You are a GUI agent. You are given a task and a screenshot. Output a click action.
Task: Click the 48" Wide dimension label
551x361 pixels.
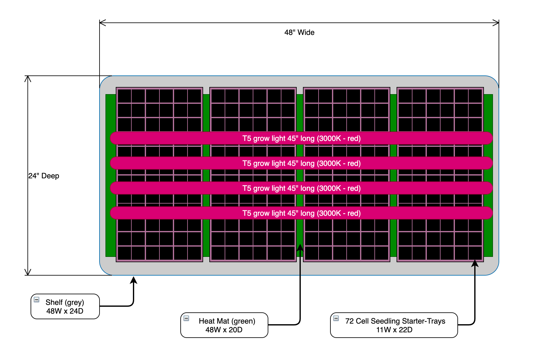tap(299, 32)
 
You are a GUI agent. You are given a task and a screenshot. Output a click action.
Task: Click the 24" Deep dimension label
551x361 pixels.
tap(44, 176)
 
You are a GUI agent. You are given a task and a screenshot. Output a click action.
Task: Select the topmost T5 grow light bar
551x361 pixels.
tap(301, 138)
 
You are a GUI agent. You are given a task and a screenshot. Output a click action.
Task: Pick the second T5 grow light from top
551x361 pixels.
tap(301, 163)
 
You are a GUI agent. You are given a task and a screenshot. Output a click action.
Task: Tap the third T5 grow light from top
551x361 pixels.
tap(301, 188)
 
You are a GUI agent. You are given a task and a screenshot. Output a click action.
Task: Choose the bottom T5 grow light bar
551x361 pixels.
tap(301, 213)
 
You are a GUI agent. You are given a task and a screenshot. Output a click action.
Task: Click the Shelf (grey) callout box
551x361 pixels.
tap(65, 306)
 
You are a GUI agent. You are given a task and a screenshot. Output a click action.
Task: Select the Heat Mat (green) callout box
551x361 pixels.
tap(224, 325)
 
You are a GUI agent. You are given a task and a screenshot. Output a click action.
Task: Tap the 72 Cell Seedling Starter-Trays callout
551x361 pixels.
tap(394, 325)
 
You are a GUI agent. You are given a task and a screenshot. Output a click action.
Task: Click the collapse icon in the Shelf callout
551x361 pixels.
tap(37, 300)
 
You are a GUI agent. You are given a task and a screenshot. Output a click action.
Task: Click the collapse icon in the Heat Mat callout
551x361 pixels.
tap(186, 318)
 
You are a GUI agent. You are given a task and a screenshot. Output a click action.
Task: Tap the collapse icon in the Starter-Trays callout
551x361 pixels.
tap(336, 318)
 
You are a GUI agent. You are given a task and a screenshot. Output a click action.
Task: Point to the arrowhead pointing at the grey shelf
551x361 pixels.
tap(134, 280)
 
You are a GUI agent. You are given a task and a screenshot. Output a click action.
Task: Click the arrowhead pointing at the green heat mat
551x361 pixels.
tap(300, 247)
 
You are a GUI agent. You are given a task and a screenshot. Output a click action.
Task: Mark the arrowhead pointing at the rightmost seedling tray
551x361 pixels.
tap(475, 263)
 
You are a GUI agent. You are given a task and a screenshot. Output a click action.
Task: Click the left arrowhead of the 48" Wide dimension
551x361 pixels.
tap(102, 23)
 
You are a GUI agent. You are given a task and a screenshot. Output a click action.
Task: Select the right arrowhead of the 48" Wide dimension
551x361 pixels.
tap(496, 23)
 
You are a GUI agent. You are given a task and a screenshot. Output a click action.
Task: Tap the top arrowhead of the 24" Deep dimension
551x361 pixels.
tap(28, 79)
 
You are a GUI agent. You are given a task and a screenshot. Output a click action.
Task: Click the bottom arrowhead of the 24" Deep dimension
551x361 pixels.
tap(28, 272)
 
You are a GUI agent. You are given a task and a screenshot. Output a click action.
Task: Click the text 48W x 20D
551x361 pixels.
tap(224, 330)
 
